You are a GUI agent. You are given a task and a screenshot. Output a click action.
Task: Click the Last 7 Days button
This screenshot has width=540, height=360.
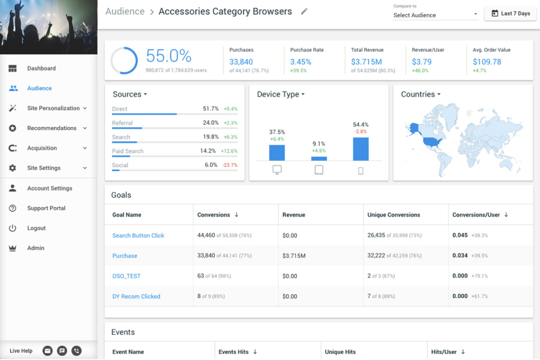510,13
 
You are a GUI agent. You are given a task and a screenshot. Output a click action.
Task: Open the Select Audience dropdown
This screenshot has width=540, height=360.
435,15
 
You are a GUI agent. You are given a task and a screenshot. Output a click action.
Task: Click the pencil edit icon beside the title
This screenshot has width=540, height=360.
304,11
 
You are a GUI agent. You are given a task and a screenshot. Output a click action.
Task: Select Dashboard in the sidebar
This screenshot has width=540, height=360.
41,69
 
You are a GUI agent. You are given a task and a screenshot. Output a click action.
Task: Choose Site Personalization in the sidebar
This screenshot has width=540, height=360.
53,108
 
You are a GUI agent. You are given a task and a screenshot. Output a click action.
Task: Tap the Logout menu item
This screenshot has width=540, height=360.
37,228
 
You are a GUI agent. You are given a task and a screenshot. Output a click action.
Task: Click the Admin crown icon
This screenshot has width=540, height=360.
12,248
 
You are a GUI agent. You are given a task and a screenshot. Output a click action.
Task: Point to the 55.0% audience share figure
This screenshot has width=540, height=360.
169,56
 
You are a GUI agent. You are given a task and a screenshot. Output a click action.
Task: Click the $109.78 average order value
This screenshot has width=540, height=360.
487,62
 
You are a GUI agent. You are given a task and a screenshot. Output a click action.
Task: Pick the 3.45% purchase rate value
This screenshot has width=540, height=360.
300,62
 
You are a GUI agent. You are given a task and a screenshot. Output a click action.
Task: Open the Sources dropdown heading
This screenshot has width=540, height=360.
129,94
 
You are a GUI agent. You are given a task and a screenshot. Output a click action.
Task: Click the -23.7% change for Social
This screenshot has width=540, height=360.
230,165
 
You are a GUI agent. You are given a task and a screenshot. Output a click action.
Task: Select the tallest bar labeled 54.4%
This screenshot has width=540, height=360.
361,149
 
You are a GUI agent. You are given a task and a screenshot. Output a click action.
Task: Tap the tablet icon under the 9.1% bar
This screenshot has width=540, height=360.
319,170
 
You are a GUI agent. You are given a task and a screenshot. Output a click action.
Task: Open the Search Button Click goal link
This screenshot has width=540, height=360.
138,236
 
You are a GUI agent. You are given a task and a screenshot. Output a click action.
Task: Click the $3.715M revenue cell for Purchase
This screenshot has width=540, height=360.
294,256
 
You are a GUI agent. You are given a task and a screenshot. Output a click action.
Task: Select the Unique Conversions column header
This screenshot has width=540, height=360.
394,215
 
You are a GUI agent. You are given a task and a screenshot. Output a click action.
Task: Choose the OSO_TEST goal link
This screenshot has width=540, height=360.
126,276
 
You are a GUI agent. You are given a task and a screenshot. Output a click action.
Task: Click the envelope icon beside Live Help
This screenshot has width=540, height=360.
48,351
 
